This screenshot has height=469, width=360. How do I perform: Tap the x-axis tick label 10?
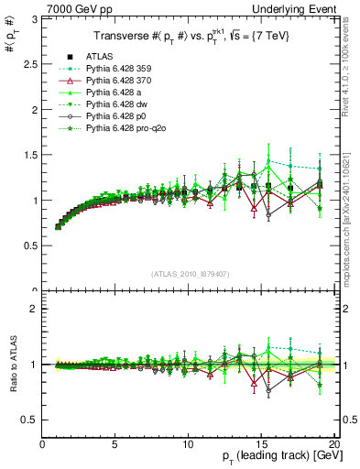pyautogui.click(x=188, y=442)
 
